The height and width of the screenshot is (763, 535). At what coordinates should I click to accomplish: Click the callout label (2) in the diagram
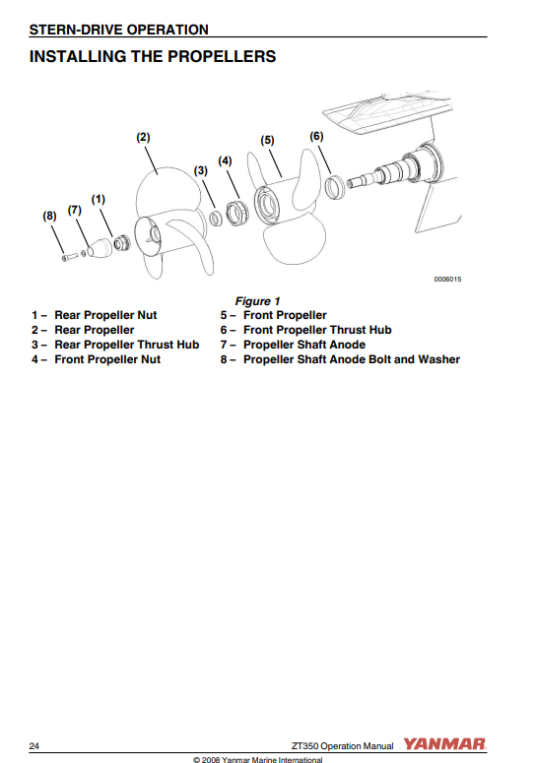click(x=143, y=138)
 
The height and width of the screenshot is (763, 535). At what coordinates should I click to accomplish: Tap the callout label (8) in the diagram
click(x=49, y=216)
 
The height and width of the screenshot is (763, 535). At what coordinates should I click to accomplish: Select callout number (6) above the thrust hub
click(x=316, y=136)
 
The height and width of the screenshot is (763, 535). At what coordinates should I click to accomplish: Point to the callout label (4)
click(x=225, y=161)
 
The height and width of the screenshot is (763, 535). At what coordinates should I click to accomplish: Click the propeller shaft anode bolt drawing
click(x=70, y=256)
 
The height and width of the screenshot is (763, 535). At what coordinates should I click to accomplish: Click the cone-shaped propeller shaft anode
click(x=100, y=248)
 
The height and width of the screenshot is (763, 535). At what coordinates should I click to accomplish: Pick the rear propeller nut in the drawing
click(x=122, y=242)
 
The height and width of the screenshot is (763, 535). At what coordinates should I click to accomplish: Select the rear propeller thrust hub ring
click(x=216, y=218)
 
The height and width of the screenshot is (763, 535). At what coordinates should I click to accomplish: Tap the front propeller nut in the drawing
click(x=237, y=212)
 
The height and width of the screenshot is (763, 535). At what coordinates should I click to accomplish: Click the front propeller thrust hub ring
click(x=334, y=187)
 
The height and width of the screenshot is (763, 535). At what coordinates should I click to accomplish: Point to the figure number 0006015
click(x=447, y=280)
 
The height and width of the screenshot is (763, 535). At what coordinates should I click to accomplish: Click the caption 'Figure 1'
click(x=257, y=301)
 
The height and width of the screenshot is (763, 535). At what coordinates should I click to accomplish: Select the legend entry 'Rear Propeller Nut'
click(x=105, y=315)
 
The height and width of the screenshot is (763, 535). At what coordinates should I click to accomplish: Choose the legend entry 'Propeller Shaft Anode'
click(x=304, y=345)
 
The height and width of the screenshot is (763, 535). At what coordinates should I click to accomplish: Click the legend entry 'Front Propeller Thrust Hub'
click(x=317, y=330)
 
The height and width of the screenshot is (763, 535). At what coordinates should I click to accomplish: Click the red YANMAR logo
click(x=444, y=744)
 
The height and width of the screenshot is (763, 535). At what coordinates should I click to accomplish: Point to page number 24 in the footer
click(x=34, y=746)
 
